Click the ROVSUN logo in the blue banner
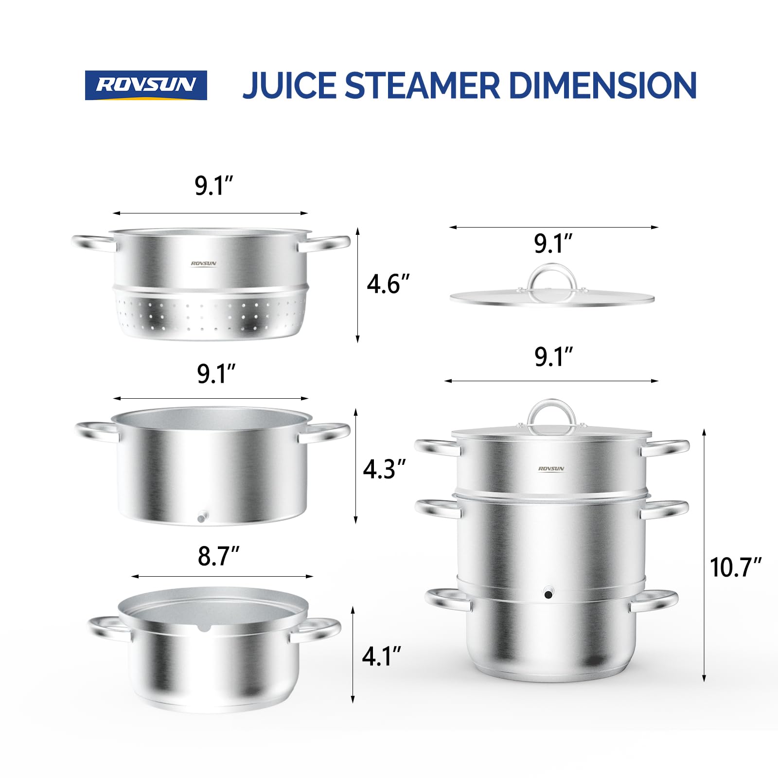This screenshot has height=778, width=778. point(146,85)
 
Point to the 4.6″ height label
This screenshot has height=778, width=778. point(388,284)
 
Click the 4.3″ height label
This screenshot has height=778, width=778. point(384,469)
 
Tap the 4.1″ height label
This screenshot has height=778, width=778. point(381,656)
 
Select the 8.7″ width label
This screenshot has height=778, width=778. point(218,556)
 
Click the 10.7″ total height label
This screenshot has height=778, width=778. point(735,567)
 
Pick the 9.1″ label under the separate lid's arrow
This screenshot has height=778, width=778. point(553,244)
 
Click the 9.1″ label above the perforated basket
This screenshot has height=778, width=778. point(213,186)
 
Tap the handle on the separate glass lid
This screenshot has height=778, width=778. point(552,277)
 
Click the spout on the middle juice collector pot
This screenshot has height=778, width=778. point(202,517)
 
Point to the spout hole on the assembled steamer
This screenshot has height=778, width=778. point(548,594)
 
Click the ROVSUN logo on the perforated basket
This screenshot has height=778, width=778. point(203,264)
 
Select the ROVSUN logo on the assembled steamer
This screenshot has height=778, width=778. point(551,469)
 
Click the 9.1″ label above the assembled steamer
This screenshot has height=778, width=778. point(553,357)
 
